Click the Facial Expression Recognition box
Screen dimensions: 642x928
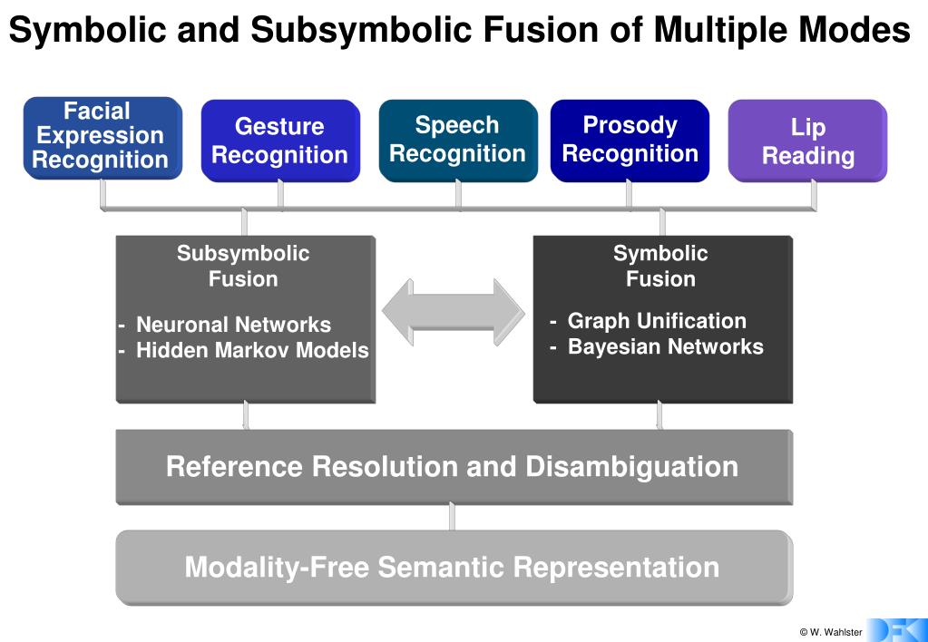click(x=102, y=137)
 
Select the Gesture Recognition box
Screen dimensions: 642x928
click(x=279, y=141)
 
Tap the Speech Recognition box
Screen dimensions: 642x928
click(x=457, y=140)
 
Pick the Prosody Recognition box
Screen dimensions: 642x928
click(x=630, y=140)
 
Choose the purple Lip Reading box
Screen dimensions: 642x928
click(x=807, y=141)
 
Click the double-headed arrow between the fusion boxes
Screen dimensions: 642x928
click(x=453, y=313)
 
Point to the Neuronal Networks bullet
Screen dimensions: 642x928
click(x=233, y=325)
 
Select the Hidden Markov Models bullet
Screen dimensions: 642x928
click(x=251, y=350)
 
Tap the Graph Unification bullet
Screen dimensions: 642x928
click(x=656, y=321)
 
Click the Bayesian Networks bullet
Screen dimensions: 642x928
click(x=665, y=346)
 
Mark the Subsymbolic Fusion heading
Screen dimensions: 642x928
click(x=243, y=266)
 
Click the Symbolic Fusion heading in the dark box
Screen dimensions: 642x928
click(x=660, y=266)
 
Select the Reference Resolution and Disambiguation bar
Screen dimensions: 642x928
click(x=453, y=467)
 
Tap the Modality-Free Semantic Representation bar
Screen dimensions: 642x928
click(x=453, y=568)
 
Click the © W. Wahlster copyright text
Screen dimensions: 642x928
click(x=830, y=632)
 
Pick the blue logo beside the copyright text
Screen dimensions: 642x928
click(x=897, y=630)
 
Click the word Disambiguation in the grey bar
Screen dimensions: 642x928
click(x=631, y=467)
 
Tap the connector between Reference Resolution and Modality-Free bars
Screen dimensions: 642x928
click(x=452, y=517)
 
